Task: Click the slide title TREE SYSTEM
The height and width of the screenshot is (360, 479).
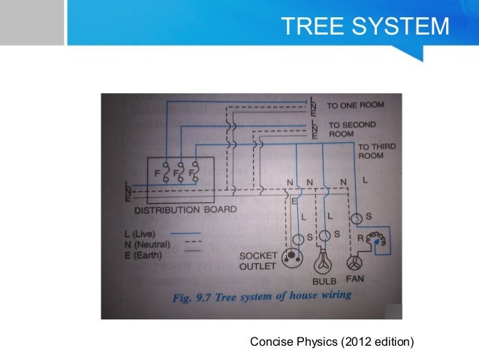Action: tap(364, 26)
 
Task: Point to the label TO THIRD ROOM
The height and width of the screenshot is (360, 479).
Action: tap(373, 150)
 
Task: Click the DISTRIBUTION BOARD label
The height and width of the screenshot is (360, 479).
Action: tap(185, 209)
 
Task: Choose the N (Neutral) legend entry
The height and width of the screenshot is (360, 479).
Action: tap(147, 244)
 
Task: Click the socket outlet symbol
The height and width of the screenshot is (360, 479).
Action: tap(289, 261)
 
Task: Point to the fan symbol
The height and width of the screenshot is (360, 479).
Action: tap(354, 264)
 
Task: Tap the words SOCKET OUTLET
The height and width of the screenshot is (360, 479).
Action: tap(258, 260)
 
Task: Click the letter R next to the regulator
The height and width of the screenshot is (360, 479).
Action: tap(363, 238)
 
